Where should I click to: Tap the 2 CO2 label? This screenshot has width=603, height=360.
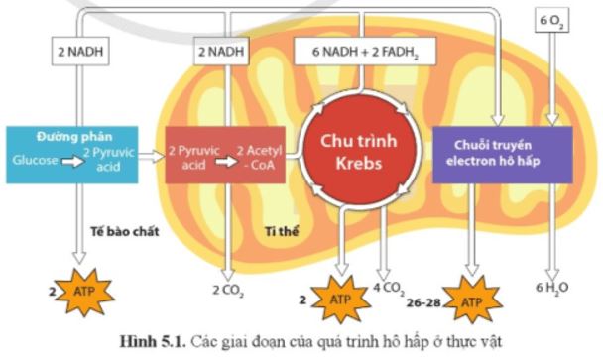point(228,291)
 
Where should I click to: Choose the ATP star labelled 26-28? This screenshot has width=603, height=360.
point(471,295)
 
